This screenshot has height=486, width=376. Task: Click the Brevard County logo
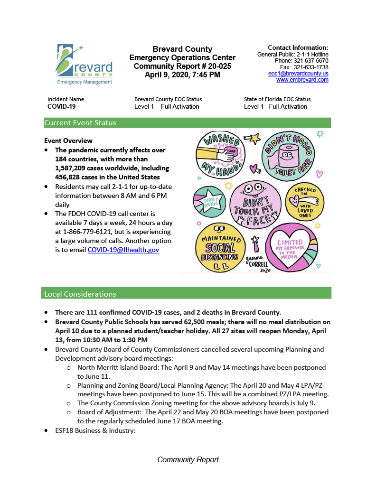coord(85,64)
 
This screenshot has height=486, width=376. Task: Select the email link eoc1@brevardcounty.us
coord(298,74)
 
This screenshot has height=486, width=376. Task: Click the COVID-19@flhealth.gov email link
coord(123,249)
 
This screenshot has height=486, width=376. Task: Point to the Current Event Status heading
coord(80,123)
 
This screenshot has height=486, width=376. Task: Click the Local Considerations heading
coord(80,294)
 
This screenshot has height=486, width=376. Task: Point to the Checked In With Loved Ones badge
coord(305,201)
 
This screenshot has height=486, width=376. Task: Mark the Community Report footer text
coord(188,459)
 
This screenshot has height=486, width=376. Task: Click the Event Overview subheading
coord(68,140)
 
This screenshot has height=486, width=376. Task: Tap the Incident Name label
coord(66,99)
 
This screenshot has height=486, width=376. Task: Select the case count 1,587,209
coord(74,168)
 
